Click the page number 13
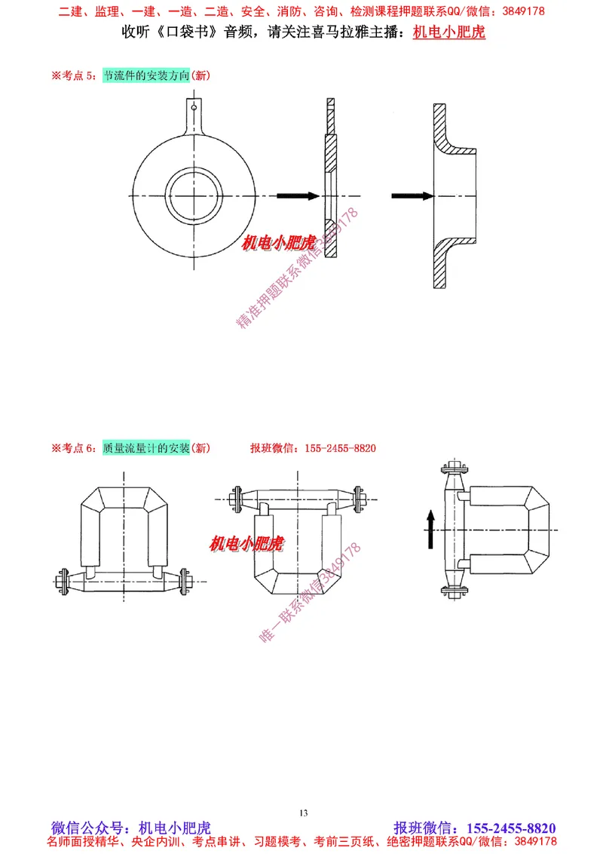coord(303,813)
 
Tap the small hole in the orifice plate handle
coord(194,108)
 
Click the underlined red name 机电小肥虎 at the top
coord(449,33)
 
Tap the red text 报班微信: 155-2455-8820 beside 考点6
coord(313,448)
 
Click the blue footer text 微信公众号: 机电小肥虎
coord(130,828)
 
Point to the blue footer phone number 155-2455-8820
coord(512,828)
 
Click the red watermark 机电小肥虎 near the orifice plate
coord(277,243)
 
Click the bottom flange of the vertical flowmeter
coord(453,591)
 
